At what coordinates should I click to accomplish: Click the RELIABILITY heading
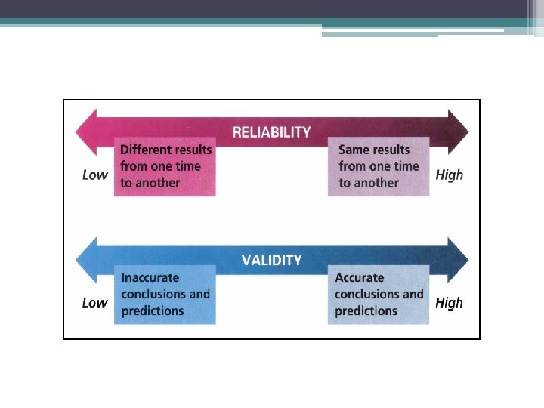271,132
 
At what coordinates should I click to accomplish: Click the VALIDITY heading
271,261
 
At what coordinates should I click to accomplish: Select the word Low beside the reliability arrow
94,175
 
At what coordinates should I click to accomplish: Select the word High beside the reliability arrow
449,175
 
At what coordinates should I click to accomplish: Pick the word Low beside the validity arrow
94,303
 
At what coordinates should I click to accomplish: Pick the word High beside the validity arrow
449,303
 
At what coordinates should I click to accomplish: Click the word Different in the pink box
146,150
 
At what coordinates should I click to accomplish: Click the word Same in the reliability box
354,150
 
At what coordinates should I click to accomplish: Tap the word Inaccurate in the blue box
150,278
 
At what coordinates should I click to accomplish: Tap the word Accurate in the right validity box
360,278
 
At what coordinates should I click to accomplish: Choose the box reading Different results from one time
165,166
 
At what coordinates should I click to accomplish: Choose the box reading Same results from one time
378,166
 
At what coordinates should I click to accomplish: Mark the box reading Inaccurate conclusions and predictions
165,295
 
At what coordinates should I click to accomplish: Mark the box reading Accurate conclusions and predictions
378,295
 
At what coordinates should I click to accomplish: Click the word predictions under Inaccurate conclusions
153,311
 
